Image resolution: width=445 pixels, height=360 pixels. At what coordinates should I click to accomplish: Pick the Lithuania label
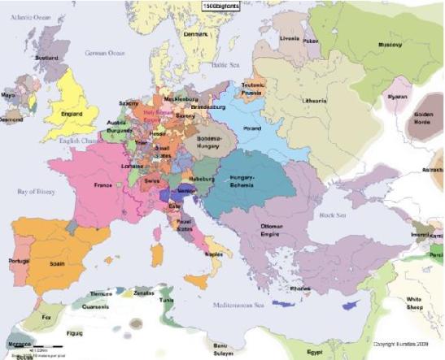[x=314, y=101]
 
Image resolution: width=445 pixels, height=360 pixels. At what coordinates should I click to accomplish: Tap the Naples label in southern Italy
[x=214, y=254]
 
